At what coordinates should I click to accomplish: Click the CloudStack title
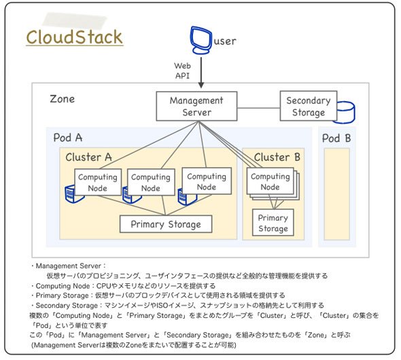74,37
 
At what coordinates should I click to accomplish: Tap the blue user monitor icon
201,40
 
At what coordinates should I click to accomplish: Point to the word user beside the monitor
225,41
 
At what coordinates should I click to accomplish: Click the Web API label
182,71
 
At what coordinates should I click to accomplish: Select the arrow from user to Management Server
201,73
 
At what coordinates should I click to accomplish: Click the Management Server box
196,106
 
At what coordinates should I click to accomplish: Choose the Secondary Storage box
309,106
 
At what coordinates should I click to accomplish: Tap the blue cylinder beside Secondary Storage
346,113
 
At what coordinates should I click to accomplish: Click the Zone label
62,99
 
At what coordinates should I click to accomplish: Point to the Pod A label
68,138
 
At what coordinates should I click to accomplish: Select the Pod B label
336,138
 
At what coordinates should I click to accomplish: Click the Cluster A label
88,157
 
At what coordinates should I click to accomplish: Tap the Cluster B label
277,157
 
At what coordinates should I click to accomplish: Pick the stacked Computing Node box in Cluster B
273,183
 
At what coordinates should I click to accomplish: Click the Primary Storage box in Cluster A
166,224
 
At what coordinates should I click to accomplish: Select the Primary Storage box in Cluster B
273,223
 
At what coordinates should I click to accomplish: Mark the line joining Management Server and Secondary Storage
258,108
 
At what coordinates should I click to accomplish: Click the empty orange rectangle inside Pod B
336,194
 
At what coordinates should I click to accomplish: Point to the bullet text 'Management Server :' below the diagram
70,266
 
